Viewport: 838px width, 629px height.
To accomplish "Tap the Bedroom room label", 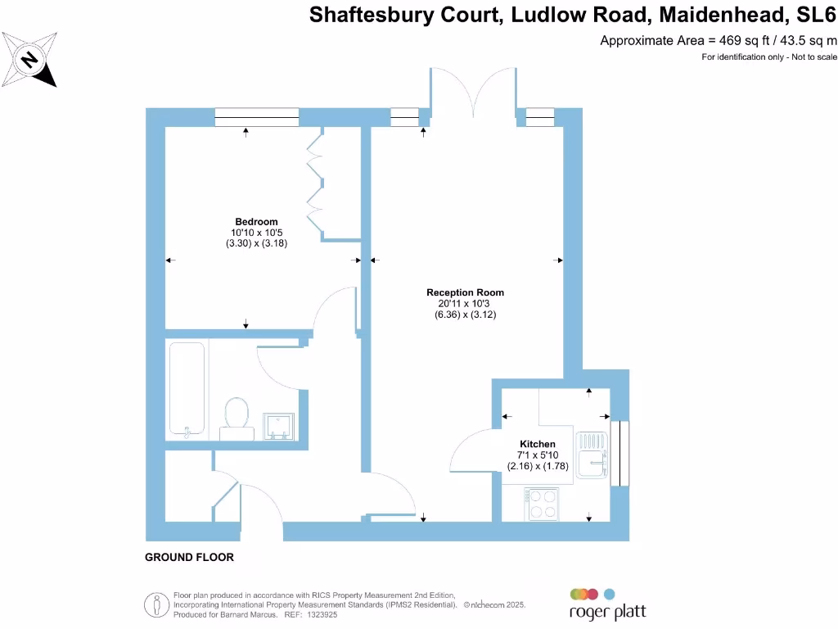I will click(256, 221).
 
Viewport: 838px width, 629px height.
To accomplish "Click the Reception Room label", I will click(465, 292).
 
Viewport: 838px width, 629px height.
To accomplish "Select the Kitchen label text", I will click(537, 444).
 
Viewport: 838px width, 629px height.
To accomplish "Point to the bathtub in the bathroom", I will click(187, 388).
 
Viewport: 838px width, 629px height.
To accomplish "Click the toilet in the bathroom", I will click(236, 414).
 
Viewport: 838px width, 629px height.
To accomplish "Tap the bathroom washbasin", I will click(280, 424).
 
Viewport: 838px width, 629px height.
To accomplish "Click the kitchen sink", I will click(590, 455).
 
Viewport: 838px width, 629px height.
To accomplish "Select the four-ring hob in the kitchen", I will click(541, 504).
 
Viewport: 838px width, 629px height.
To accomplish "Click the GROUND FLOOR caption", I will click(189, 558).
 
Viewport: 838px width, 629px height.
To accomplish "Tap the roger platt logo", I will click(607, 604).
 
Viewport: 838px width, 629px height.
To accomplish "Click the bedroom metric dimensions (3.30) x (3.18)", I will click(256, 243).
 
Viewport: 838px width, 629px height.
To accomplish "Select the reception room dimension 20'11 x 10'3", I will click(465, 303).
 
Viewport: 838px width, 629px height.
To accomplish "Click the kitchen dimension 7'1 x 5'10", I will click(537, 455).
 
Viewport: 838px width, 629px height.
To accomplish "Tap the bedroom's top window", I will click(256, 118).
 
